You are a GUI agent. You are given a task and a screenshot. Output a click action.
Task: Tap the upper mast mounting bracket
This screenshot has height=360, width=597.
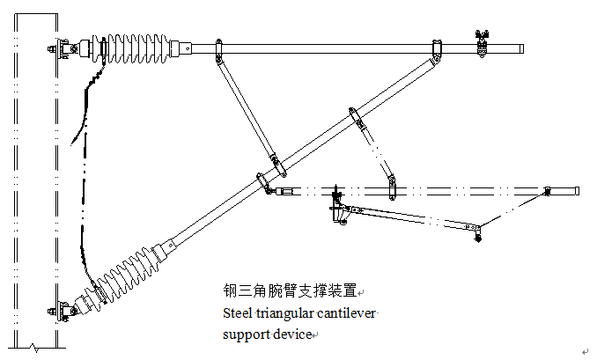point(63,49)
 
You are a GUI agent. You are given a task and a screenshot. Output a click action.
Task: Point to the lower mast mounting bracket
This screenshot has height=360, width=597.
point(63,310)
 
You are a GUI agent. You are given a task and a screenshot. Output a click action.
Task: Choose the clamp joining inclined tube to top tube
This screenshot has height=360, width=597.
point(435,50)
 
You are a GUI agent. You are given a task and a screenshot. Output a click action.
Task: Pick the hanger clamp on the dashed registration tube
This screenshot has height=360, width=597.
point(393,187)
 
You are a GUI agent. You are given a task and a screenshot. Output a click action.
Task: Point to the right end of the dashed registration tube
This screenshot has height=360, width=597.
point(576,190)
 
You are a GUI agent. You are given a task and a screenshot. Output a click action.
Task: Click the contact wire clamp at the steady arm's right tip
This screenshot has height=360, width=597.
point(478,233)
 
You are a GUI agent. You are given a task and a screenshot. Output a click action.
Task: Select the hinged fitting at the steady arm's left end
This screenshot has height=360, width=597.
point(336,211)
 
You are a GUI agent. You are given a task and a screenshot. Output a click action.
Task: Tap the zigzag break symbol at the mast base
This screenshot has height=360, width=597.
point(33,347)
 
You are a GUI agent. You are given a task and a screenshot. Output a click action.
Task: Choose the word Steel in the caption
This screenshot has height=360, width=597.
point(237,312)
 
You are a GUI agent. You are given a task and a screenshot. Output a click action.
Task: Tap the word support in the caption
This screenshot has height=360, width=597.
point(240,334)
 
